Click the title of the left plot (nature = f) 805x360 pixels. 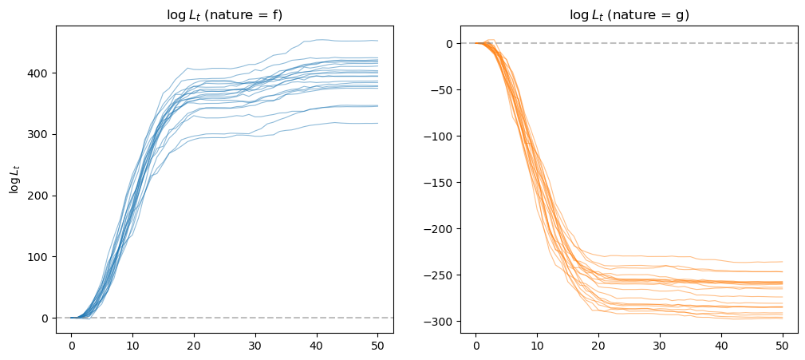click(224, 15)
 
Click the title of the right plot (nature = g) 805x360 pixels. click(629, 15)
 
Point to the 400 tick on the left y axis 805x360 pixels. click(42, 73)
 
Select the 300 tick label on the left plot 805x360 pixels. click(42, 135)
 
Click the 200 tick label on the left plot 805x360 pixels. click(42, 196)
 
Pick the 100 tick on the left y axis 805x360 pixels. click(42, 257)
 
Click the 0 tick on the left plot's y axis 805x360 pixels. click(48, 318)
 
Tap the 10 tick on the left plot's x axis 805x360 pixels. click(132, 345)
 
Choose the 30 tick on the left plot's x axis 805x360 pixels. click(255, 345)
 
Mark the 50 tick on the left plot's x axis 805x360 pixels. click(378, 345)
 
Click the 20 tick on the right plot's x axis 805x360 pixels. click(598, 345)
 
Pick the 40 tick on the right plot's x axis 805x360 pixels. click(721, 345)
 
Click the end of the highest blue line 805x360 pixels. click(378, 41)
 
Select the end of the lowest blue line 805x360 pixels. click(378, 123)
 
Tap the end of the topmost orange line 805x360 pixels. click(783, 261)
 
